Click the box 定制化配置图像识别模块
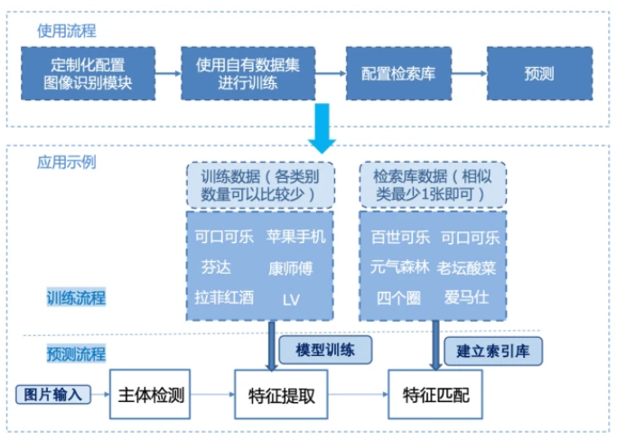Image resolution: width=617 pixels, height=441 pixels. point(89,73)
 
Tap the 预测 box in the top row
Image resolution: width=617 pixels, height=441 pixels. point(539,73)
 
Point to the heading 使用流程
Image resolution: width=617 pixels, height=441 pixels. point(67,31)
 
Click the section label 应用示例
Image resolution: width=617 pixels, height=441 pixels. point(67,163)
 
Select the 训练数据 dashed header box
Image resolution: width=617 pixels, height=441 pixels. point(259,184)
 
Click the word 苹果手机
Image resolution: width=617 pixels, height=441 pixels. point(295,237)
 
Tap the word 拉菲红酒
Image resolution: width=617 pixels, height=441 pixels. point(224,296)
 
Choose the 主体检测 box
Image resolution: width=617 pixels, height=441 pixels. point(152,394)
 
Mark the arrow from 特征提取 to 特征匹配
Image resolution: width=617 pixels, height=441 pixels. point(356,395)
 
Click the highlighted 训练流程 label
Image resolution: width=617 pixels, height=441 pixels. point(76,296)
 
